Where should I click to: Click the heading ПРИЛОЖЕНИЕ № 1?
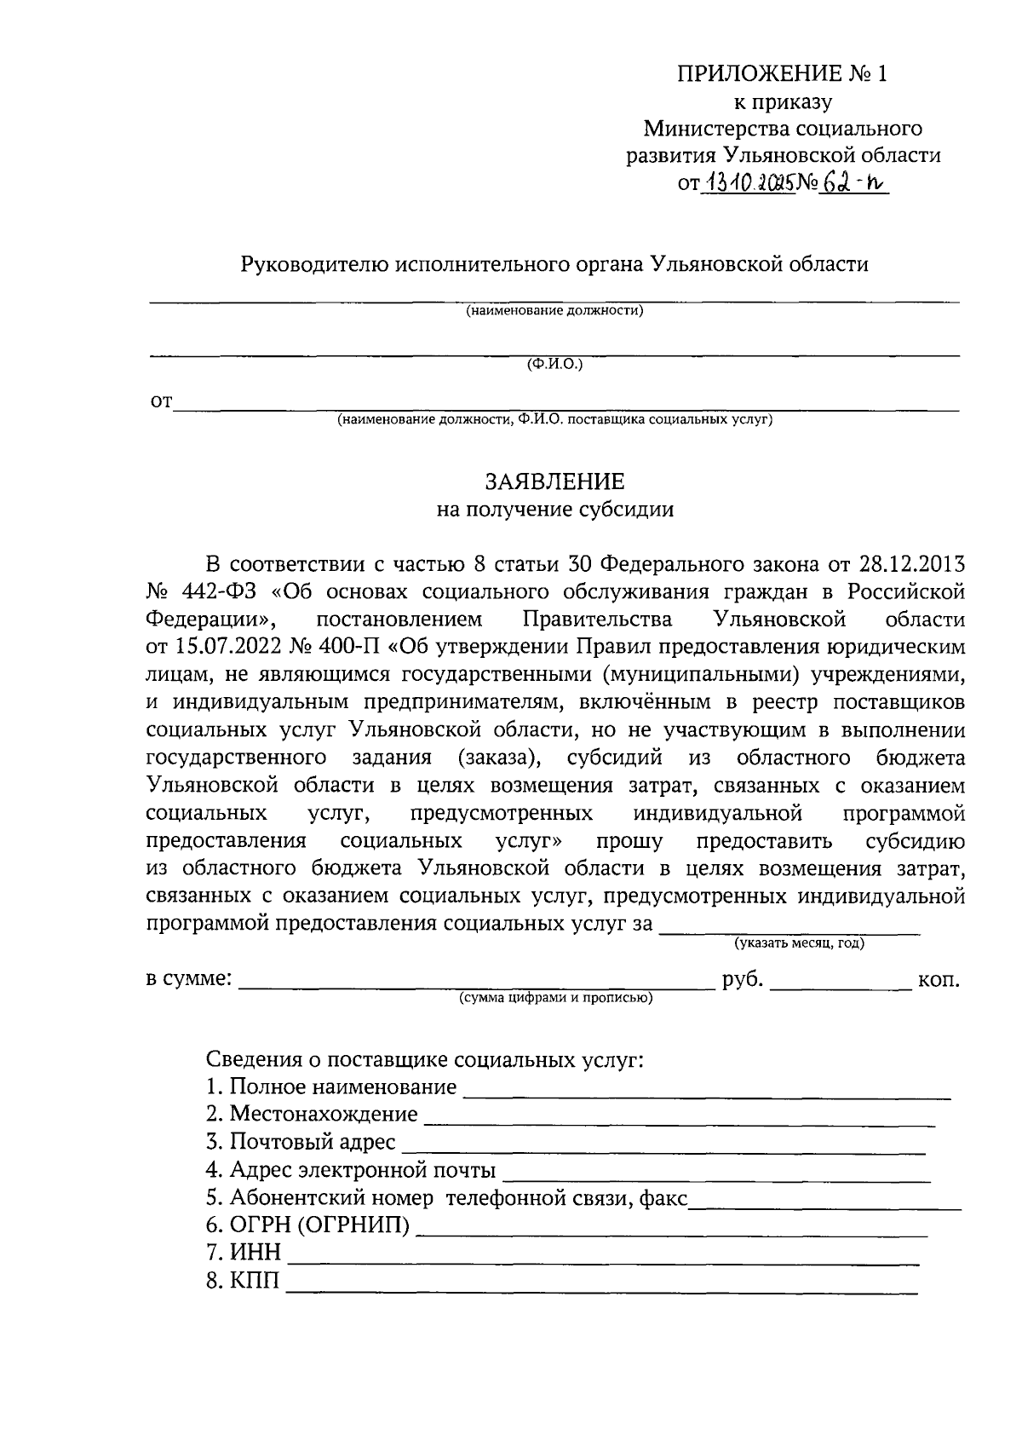pos(782,74)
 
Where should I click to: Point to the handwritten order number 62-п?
pos(852,181)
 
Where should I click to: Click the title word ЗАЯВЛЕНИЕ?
pos(554,482)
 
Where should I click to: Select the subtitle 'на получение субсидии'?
pos(554,510)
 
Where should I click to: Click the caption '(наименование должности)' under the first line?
pos(554,311)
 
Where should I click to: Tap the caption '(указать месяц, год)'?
pos(799,943)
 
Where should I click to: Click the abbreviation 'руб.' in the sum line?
pos(742,979)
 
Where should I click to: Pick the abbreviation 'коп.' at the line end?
pos(939,980)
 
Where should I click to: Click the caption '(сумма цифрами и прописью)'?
pos(555,998)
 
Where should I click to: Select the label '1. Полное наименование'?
pos(331,1088)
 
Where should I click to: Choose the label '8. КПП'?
pos(243,1281)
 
